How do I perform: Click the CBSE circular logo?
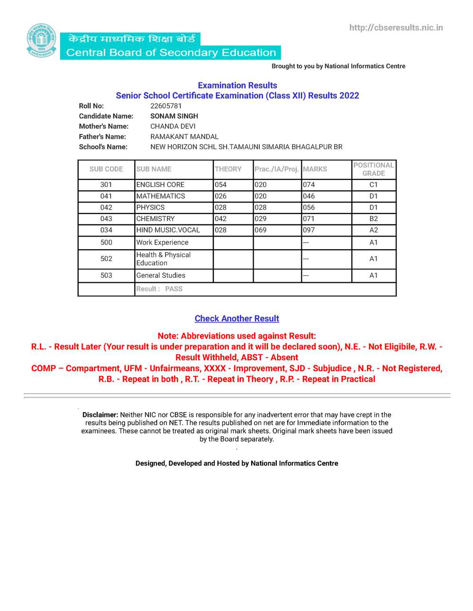coord(42,41)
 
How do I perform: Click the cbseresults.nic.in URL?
coord(396,28)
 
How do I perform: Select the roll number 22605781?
coord(166,106)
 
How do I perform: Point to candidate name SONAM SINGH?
coord(174,116)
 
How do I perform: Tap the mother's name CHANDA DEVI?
coord(173,127)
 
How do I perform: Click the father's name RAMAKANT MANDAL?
coord(184,137)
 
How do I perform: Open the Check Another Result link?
coord(237,319)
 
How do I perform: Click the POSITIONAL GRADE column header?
coord(373,169)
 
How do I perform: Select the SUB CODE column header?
coord(106,169)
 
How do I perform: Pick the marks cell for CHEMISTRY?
coord(309,219)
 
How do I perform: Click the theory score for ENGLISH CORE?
coord(221,185)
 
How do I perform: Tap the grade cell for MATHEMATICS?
coord(373,196)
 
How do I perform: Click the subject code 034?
coord(106,230)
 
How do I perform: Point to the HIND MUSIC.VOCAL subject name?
coord(168,230)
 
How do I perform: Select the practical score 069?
coord(261,230)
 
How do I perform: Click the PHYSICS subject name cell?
coord(150,208)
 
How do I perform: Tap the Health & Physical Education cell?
coord(163,259)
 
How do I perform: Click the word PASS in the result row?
coord(174,289)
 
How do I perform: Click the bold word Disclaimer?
coord(100,415)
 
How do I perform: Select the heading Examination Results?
coord(237,85)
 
